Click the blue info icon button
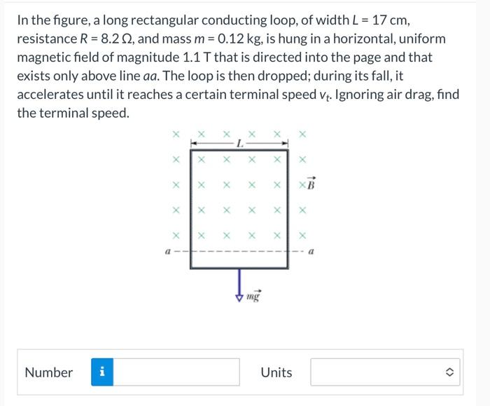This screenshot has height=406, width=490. tap(102, 372)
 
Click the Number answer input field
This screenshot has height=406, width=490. tap(176, 372)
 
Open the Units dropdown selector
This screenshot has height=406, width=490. tap(386, 372)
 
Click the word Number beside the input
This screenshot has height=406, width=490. tap(48, 372)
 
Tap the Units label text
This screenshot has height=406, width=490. tap(276, 372)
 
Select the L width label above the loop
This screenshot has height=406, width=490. tap(239, 144)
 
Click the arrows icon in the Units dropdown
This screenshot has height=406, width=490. tap(449, 372)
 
